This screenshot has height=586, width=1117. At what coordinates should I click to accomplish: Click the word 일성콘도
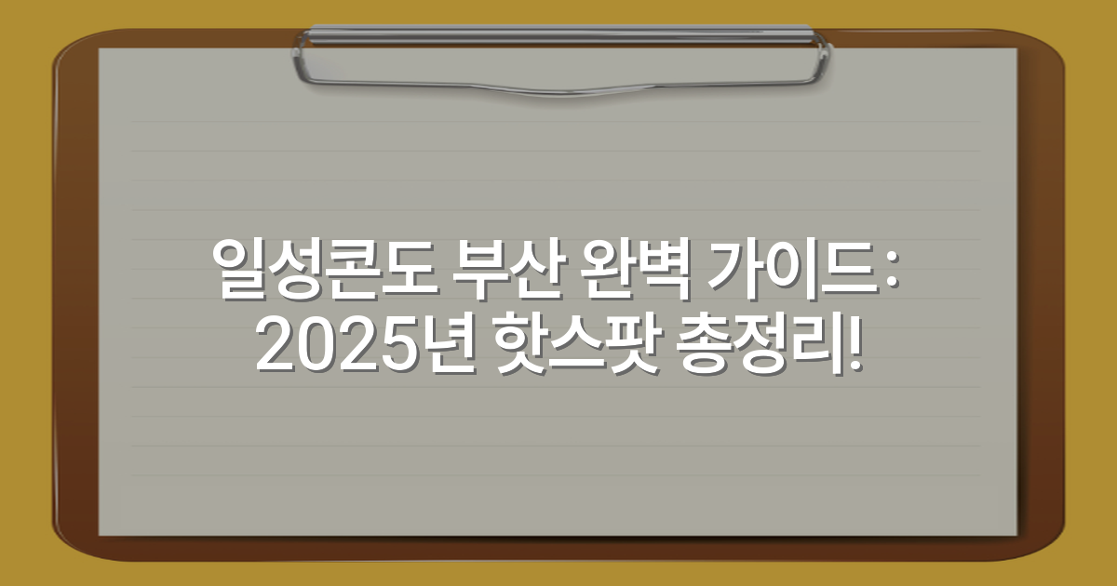click(317, 270)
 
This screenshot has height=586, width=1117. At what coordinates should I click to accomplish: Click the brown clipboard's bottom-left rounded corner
click(65, 549)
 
